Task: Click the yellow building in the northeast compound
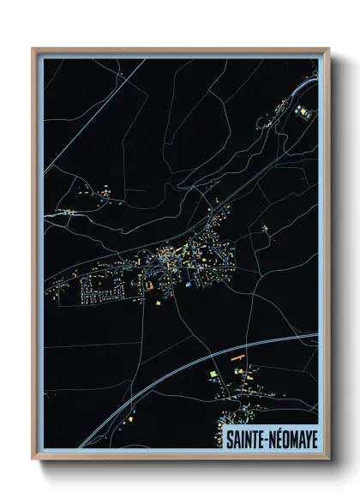point(301,110)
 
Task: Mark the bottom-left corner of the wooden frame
point(33,459)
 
